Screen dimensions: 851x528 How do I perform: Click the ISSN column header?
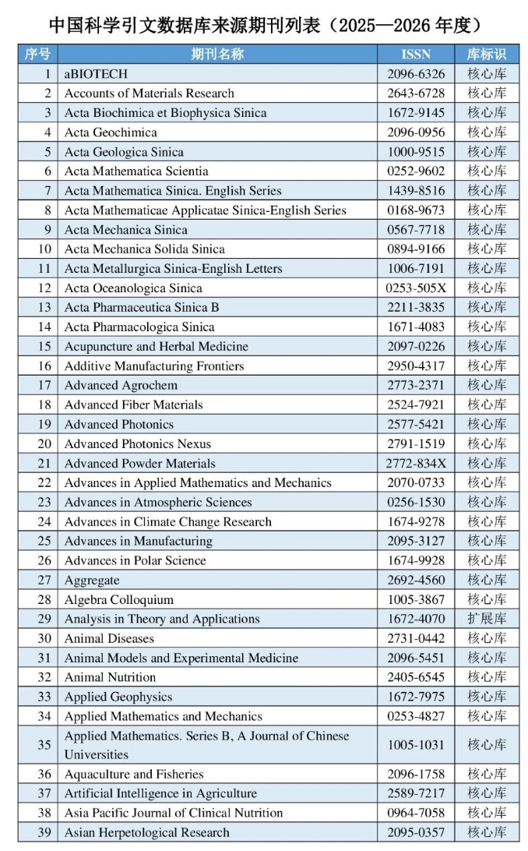pyautogui.click(x=416, y=54)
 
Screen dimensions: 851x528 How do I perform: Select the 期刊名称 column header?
pyautogui.click(x=217, y=54)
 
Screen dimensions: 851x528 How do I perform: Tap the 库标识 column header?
pyautogui.click(x=487, y=54)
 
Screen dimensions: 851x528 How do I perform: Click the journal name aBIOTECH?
pyautogui.click(x=96, y=73)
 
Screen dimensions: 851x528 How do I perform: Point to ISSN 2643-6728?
pyautogui.click(x=416, y=93)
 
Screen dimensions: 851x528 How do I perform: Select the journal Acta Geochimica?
pyautogui.click(x=111, y=132)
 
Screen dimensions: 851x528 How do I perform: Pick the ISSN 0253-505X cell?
pyautogui.click(x=416, y=288)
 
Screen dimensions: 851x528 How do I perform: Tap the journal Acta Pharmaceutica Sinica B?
pyautogui.click(x=142, y=307)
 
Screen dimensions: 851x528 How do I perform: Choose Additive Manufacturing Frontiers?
pyautogui.click(x=154, y=365)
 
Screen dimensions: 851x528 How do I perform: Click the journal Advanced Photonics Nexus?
pyautogui.click(x=138, y=443)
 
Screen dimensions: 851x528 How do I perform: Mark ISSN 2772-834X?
pyautogui.click(x=416, y=463)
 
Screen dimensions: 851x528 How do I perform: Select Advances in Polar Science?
pyautogui.click(x=136, y=560)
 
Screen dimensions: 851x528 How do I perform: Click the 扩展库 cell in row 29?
pyautogui.click(x=487, y=619)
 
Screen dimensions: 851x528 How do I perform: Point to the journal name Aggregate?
pyautogui.click(x=92, y=580)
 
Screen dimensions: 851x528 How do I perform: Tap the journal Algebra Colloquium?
pyautogui.click(x=119, y=599)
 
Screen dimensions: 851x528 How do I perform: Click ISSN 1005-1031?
pyautogui.click(x=416, y=745)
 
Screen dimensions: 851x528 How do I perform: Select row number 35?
pyautogui.click(x=44, y=745)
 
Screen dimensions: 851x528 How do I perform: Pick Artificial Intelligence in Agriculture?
pyautogui.click(x=160, y=793)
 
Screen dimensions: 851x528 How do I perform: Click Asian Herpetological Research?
pyautogui.click(x=147, y=832)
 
